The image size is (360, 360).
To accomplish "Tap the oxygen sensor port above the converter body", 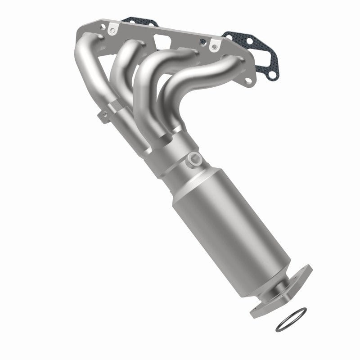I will click(x=195, y=158).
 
